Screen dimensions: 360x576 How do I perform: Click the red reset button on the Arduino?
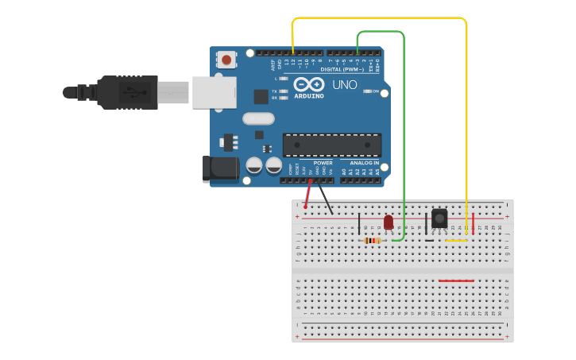click(227, 60)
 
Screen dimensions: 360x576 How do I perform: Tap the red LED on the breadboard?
click(389, 222)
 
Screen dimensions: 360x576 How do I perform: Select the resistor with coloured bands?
click(372, 240)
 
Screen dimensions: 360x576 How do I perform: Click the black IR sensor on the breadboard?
click(439, 217)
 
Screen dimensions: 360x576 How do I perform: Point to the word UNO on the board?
click(345, 85)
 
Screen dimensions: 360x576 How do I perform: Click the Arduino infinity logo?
click(308, 84)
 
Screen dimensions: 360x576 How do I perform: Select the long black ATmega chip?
click(332, 145)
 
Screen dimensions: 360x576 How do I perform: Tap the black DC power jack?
click(220, 168)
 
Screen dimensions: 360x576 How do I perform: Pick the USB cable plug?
click(127, 92)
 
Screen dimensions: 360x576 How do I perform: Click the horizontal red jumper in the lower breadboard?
click(456, 281)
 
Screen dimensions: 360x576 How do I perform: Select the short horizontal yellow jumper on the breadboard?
click(456, 240)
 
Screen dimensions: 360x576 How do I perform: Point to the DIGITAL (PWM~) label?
click(342, 69)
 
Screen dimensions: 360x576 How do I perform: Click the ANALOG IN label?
click(365, 163)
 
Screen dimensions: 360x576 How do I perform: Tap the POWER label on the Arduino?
click(323, 163)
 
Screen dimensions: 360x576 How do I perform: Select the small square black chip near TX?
click(261, 96)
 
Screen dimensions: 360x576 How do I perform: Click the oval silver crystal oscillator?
click(258, 118)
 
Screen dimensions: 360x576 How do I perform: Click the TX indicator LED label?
click(275, 91)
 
